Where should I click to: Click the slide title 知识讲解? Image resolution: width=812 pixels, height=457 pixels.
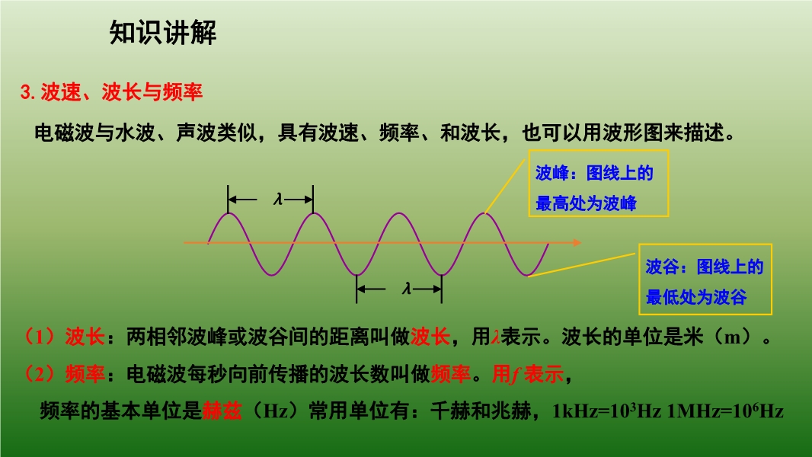coord(162,33)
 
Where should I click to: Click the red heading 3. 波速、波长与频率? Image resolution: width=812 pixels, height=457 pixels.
coord(111,92)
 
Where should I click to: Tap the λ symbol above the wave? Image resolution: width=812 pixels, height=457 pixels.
coord(278,199)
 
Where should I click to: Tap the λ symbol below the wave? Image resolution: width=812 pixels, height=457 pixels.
coord(407,288)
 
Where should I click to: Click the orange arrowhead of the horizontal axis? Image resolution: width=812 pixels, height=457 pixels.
coord(577,242)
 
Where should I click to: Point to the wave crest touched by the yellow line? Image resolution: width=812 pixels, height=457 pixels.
coord(484,213)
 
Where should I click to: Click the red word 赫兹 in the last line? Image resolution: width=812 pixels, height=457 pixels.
coord(222,411)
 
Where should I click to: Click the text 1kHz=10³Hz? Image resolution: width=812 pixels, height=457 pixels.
coord(606,411)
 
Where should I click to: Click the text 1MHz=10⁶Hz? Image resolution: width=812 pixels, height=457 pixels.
coord(725,411)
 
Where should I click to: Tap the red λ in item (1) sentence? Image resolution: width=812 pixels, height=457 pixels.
coord(496,337)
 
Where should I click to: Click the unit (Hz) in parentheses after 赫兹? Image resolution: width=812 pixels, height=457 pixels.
coord(274,411)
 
